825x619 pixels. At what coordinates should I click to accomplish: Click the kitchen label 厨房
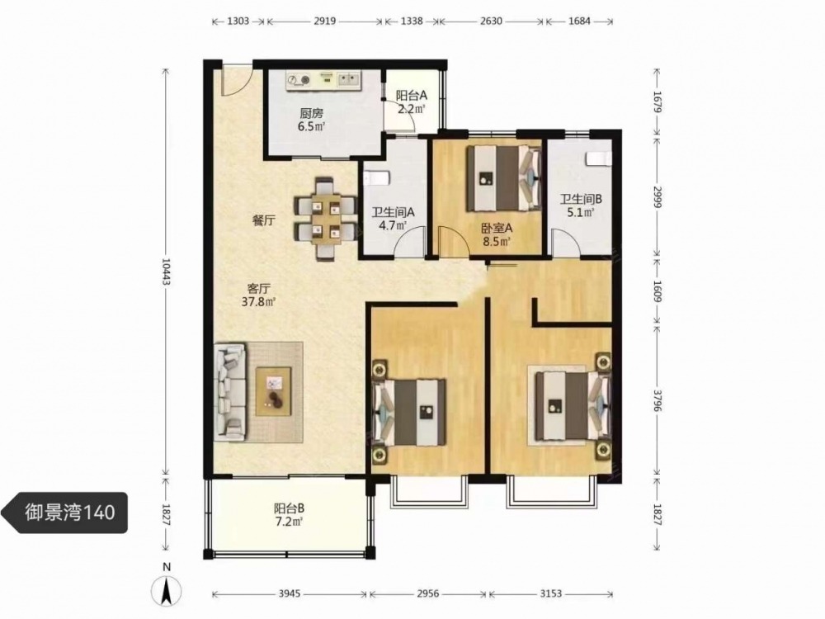click(312, 113)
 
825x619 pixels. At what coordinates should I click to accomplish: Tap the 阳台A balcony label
click(412, 96)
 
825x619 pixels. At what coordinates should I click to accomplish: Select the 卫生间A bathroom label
click(393, 212)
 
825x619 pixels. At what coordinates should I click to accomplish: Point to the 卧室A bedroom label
click(497, 229)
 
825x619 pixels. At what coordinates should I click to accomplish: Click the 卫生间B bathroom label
click(580, 199)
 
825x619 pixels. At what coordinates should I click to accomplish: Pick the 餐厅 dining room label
click(264, 220)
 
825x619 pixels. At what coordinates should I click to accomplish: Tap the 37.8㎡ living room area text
click(259, 302)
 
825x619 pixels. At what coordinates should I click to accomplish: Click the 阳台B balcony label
click(289, 508)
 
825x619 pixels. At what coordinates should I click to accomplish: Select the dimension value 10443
click(166, 274)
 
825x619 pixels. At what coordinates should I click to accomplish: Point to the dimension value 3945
click(290, 593)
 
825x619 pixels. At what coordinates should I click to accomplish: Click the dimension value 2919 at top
click(324, 21)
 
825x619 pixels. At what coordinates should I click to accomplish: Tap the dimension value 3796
click(657, 401)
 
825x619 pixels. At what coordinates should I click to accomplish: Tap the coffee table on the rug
click(273, 391)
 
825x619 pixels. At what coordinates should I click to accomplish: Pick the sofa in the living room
click(230, 392)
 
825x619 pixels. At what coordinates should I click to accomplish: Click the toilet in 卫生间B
click(599, 158)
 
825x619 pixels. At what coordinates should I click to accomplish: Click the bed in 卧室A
click(504, 178)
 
